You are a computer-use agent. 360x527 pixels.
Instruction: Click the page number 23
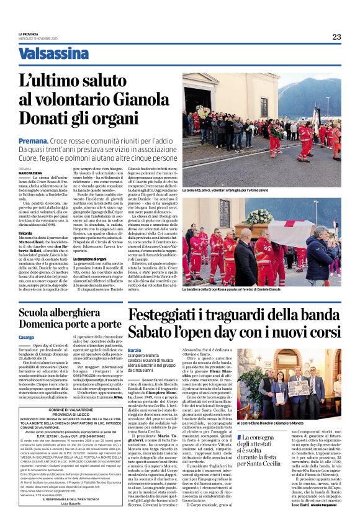[336, 37]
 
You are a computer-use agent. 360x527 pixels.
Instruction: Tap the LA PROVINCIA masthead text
[29, 34]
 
